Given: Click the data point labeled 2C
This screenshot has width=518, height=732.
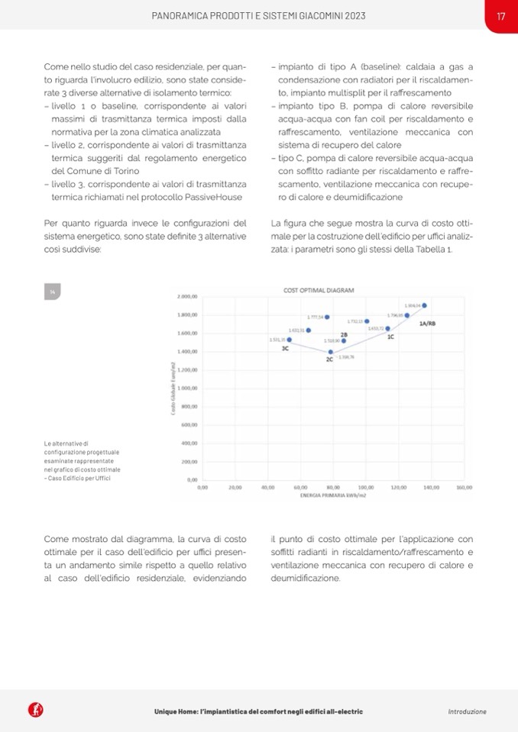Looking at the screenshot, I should pyautogui.click(x=331, y=352).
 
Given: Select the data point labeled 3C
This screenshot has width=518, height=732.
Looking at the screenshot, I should pyautogui.click(x=290, y=340).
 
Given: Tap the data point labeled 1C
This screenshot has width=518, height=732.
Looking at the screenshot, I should pyautogui.click(x=387, y=329).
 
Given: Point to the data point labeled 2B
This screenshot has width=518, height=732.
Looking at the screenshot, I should pyautogui.click(x=344, y=340).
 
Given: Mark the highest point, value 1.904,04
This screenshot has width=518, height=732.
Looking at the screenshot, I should pyautogui.click(x=424, y=305).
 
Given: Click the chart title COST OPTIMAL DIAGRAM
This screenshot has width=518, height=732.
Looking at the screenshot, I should pyautogui.click(x=313, y=290).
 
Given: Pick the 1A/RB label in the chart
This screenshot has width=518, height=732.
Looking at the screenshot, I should pyautogui.click(x=428, y=324).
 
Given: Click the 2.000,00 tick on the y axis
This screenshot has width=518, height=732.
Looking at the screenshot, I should pyautogui.click(x=187, y=296).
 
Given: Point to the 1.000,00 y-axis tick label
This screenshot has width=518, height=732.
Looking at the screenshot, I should pyautogui.click(x=187, y=388).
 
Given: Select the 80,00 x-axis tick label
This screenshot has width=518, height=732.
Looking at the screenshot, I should pyautogui.click(x=333, y=486).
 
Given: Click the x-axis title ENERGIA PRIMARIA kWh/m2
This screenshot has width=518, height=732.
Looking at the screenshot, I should pyautogui.click(x=333, y=495).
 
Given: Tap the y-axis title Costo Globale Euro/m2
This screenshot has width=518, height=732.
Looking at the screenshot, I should pyautogui.click(x=175, y=389).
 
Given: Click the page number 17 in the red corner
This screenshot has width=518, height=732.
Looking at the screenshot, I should pyautogui.click(x=501, y=15).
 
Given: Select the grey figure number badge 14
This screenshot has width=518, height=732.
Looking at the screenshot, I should pyautogui.click(x=53, y=292).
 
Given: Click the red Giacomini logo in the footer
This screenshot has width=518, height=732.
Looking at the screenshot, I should pyautogui.click(x=35, y=711).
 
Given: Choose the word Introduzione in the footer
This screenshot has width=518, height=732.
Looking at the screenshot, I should pyautogui.click(x=467, y=711).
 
